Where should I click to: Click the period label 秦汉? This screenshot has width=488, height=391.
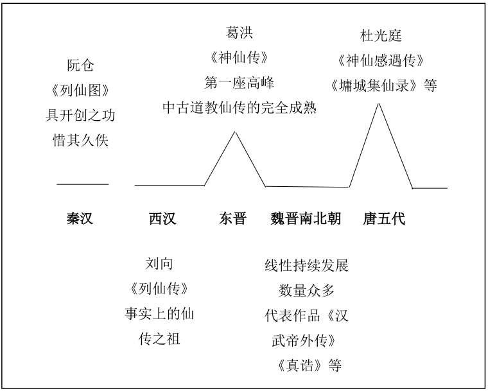point(80,218)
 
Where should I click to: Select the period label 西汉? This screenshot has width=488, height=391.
point(162,218)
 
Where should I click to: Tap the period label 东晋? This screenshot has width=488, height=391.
point(233,218)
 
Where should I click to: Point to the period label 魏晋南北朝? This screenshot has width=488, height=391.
point(306,218)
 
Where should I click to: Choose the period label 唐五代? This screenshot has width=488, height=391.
point(384,218)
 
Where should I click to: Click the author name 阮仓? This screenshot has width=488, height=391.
point(80,65)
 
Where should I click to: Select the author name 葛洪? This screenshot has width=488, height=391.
point(239,32)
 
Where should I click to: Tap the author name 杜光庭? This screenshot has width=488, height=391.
point(381,35)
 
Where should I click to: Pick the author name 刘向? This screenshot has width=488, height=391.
point(159,264)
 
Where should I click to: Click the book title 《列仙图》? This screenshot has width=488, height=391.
point(80,91)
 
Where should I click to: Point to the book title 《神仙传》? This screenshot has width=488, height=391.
point(239,57)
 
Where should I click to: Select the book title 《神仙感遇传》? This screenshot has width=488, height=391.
point(381,60)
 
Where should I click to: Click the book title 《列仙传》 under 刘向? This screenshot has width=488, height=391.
point(159,288)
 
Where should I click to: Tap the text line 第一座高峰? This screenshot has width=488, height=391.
point(239,83)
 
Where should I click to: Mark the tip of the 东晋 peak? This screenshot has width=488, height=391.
point(235,132)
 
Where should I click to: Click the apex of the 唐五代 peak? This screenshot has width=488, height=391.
point(379,103)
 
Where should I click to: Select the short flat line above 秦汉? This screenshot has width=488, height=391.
point(82,184)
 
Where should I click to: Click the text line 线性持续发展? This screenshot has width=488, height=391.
point(306,266)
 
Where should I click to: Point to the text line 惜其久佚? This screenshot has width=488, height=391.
point(80,140)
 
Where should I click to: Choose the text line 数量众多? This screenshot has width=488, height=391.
point(306,290)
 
